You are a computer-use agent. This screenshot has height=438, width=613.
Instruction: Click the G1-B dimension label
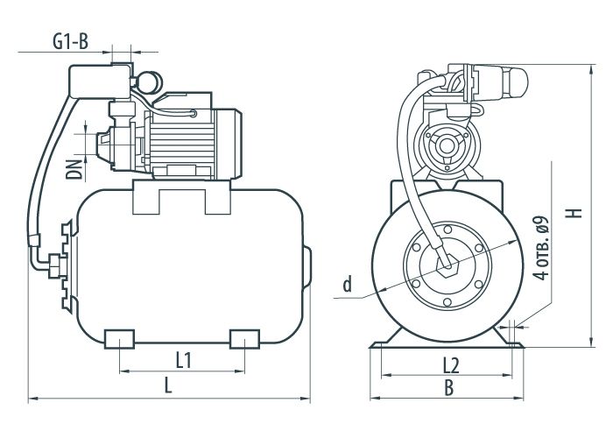[x=71, y=41]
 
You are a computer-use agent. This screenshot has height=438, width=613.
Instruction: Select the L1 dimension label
[x=183, y=361]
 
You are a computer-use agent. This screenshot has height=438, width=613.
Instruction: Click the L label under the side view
[x=168, y=385]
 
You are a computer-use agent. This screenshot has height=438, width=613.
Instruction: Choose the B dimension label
[x=449, y=388]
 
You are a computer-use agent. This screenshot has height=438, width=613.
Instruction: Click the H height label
[x=575, y=213]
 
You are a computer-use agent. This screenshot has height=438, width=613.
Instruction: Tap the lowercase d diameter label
[x=347, y=285]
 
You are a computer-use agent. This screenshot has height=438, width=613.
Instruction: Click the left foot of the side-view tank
[x=120, y=339]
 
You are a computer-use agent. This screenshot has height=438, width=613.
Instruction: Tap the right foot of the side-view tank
[x=244, y=339]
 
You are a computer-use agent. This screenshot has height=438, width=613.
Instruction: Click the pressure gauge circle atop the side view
[x=150, y=82]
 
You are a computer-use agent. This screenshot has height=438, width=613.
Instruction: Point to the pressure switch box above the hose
[x=99, y=81]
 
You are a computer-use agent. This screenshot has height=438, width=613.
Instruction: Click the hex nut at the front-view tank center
[x=447, y=266]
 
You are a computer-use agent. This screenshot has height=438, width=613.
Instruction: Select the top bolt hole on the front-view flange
[x=447, y=229]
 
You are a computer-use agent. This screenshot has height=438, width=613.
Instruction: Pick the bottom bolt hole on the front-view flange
[x=447, y=302]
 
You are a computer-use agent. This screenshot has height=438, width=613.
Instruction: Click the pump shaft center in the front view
[x=446, y=146]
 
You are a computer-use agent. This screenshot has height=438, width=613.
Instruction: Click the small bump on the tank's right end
[x=307, y=266]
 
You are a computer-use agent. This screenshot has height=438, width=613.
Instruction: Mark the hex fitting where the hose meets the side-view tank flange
[x=55, y=266]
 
